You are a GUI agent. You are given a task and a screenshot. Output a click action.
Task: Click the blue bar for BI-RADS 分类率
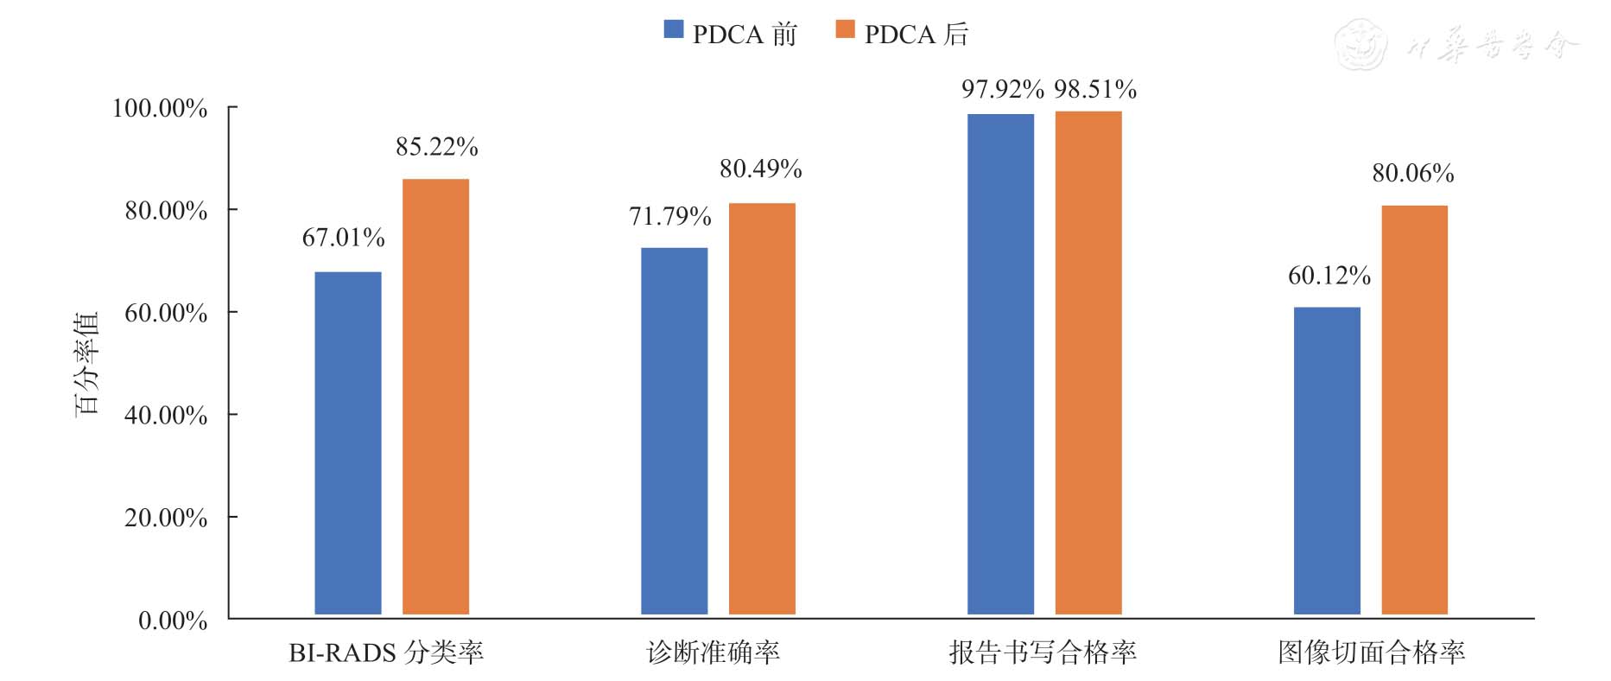[x=347, y=442]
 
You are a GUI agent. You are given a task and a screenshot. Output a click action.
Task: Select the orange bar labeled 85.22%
[x=435, y=396]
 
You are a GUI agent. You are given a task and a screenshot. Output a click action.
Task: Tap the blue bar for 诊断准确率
[x=674, y=430]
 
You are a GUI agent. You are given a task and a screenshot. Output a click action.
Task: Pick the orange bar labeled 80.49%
[x=762, y=408]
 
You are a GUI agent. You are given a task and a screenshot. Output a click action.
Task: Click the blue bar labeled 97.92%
[x=1000, y=364]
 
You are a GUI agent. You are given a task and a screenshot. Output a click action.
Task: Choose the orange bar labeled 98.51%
[x=1088, y=362]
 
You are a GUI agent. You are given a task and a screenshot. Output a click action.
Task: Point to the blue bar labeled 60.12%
[x=1327, y=461]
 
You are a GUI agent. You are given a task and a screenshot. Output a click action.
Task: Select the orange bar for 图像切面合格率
[x=1414, y=410]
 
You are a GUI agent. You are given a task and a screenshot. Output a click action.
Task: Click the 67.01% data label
[x=343, y=238]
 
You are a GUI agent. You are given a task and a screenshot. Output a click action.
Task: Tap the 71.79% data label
[x=669, y=216]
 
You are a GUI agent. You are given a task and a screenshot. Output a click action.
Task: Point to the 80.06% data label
[x=1412, y=174]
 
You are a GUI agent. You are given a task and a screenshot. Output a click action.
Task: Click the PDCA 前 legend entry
[x=730, y=34]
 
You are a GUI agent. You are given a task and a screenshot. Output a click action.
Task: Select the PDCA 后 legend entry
[x=902, y=34]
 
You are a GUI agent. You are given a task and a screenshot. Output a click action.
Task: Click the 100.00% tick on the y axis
[x=160, y=108]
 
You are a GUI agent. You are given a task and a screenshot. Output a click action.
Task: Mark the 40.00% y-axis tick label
[x=166, y=416]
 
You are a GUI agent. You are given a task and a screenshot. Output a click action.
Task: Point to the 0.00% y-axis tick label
[x=173, y=621]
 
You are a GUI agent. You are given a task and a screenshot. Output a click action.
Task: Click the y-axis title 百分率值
[x=87, y=363]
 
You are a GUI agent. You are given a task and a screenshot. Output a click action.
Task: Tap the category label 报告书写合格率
[x=1042, y=652]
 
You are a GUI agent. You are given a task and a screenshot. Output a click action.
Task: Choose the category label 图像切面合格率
[x=1371, y=652]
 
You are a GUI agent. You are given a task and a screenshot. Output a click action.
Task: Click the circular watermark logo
[x=1360, y=45]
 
